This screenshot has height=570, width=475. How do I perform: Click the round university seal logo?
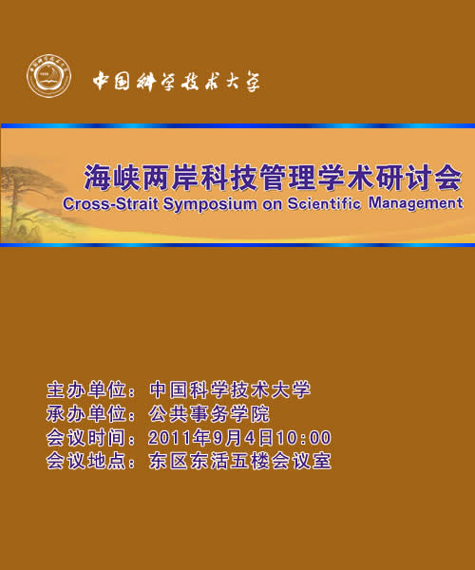49,76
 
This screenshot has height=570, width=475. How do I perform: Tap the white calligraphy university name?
177,81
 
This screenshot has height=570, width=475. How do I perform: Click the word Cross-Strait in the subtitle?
110,204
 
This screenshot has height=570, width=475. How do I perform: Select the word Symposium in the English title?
210,204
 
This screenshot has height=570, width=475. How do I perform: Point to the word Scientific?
324,203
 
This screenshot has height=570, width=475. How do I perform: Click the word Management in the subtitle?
416,203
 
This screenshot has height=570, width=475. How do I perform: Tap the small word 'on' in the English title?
273,205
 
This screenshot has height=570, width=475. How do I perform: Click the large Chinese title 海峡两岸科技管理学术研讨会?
274,178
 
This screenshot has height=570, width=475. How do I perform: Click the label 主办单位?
86,390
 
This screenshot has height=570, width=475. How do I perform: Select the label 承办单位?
86,414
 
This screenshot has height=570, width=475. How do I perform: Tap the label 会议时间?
86,438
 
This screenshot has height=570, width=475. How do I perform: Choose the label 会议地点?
86,462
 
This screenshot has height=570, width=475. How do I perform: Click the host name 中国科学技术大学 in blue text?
230,390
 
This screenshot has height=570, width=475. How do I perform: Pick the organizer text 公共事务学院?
209,414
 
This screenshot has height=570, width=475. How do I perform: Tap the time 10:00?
304,438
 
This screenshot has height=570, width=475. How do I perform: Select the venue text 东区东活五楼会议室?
239,462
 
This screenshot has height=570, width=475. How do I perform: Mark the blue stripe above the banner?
237,125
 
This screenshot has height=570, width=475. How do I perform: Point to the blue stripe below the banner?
237,245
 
